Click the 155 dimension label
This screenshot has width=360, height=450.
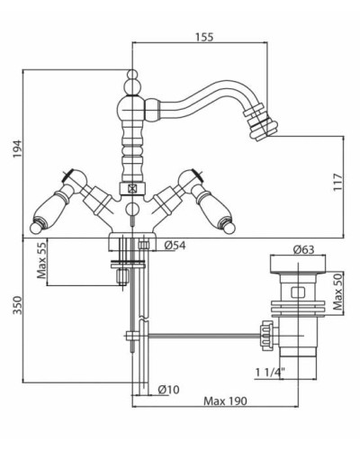[204, 37]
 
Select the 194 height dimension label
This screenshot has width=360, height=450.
[18, 148]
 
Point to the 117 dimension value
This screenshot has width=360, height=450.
[337, 182]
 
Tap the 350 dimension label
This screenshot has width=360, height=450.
[18, 305]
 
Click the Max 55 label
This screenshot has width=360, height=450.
[41, 260]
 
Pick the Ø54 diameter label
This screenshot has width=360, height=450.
[175, 246]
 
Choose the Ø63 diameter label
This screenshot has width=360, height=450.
[304, 249]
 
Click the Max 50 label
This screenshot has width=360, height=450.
[338, 292]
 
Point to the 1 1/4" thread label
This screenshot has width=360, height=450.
[270, 373]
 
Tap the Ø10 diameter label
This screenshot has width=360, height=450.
[169, 390]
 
